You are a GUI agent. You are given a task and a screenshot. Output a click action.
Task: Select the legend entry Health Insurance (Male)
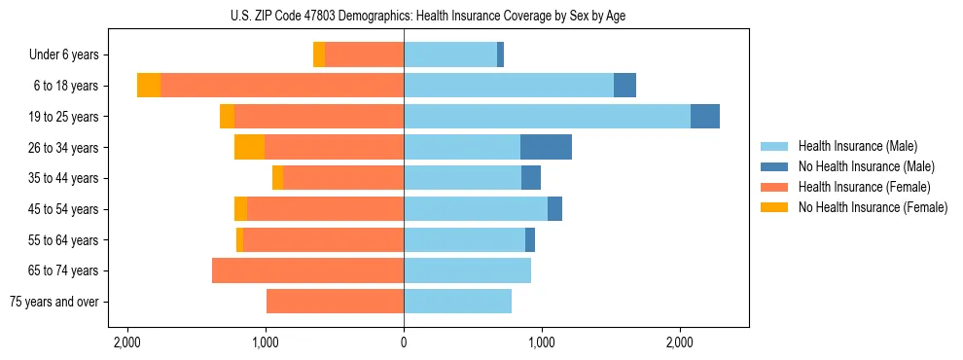click(x=856, y=146)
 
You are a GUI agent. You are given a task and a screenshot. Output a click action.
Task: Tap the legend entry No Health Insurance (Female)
click(x=873, y=207)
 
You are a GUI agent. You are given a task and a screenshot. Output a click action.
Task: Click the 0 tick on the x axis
click(x=404, y=343)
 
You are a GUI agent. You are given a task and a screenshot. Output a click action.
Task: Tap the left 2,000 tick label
click(x=127, y=343)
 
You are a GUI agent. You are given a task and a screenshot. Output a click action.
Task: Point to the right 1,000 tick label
click(x=542, y=343)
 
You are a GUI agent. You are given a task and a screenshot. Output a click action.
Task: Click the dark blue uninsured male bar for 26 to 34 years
click(x=546, y=147)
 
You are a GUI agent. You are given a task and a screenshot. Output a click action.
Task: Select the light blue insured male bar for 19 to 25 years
click(x=547, y=117)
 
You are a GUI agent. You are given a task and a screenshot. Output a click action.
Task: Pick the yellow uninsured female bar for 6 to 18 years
click(x=149, y=86)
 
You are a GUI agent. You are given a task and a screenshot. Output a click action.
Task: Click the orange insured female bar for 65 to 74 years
click(x=307, y=270)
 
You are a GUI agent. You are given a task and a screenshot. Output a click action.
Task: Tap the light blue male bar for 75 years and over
click(x=457, y=302)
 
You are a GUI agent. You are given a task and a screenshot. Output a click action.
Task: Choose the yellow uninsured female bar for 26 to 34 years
click(x=249, y=147)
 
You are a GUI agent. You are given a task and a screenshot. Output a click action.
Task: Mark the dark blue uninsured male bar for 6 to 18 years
click(x=624, y=86)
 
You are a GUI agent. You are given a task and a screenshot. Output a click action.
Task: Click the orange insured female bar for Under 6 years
click(x=364, y=54)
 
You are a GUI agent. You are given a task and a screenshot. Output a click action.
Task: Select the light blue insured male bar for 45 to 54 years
click(x=476, y=209)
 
